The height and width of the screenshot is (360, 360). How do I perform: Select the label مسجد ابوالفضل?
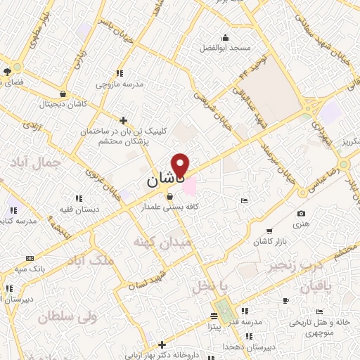click(x=224, y=48)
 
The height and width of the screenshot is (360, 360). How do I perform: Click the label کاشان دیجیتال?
click(x=63, y=103)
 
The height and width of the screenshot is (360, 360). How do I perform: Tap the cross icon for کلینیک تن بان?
click(x=124, y=120)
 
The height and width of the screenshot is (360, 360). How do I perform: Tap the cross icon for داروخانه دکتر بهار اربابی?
click(x=162, y=345)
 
